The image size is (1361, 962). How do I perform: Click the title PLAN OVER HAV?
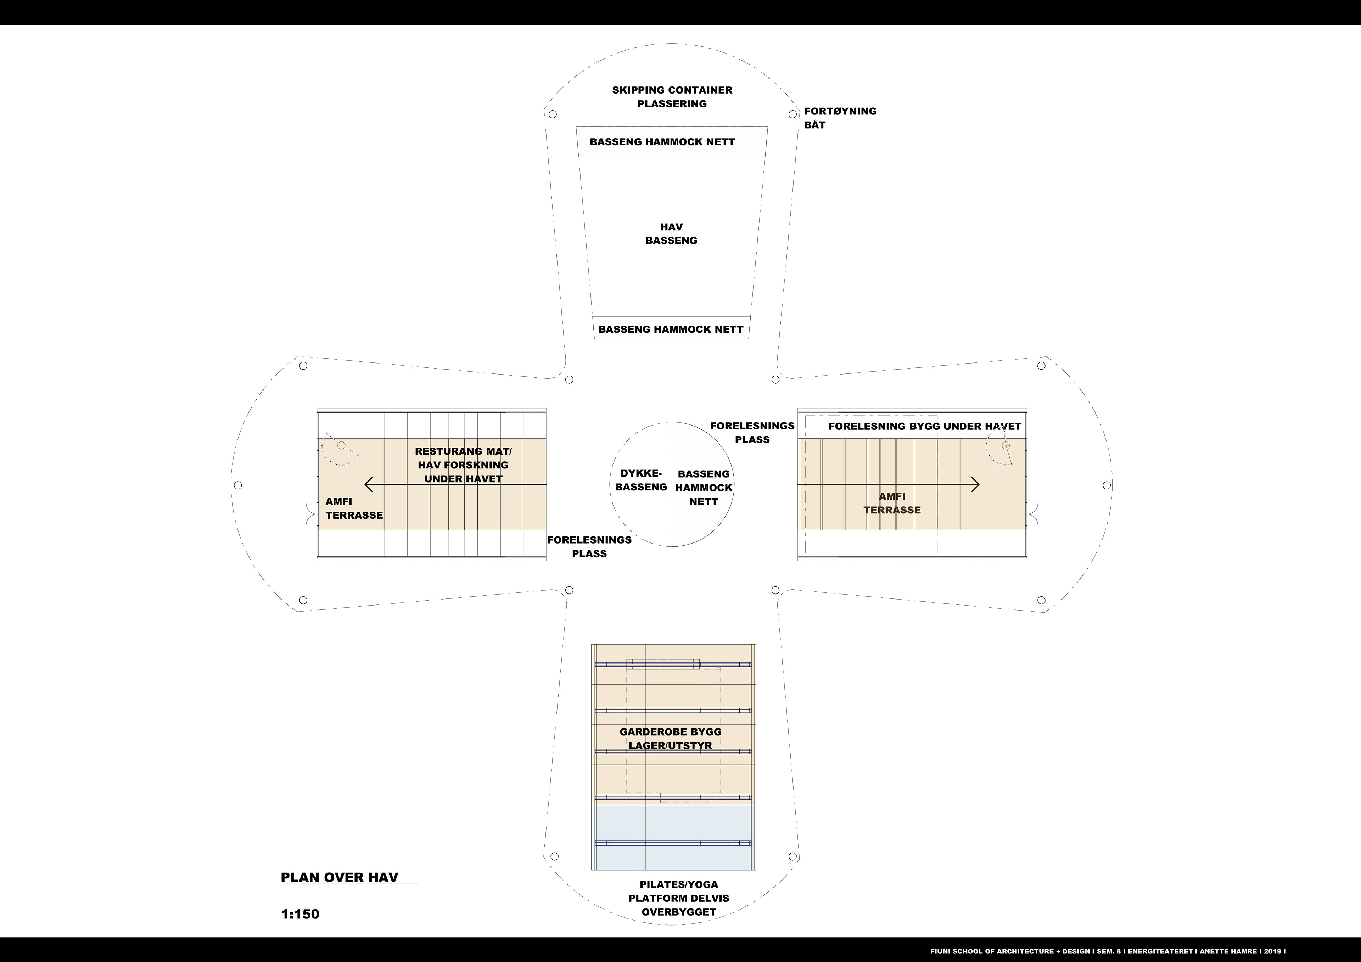click(339, 877)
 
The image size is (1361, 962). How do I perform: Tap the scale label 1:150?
click(300, 914)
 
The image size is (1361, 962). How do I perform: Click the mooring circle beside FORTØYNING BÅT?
click(792, 114)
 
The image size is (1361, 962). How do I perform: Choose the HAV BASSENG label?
click(671, 234)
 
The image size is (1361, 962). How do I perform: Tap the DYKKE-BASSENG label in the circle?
click(641, 480)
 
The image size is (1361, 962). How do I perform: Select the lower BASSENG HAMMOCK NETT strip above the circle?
click(671, 329)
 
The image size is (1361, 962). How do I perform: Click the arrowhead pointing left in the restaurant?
click(369, 485)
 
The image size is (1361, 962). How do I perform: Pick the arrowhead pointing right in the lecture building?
click(976, 485)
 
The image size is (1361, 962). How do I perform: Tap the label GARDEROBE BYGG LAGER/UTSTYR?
click(671, 738)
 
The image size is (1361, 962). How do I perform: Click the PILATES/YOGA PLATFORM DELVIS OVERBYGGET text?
click(679, 898)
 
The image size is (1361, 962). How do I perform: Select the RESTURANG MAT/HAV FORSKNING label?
click(463, 465)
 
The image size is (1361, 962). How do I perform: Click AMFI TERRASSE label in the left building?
click(354, 508)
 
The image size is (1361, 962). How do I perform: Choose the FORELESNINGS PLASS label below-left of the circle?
click(589, 546)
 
